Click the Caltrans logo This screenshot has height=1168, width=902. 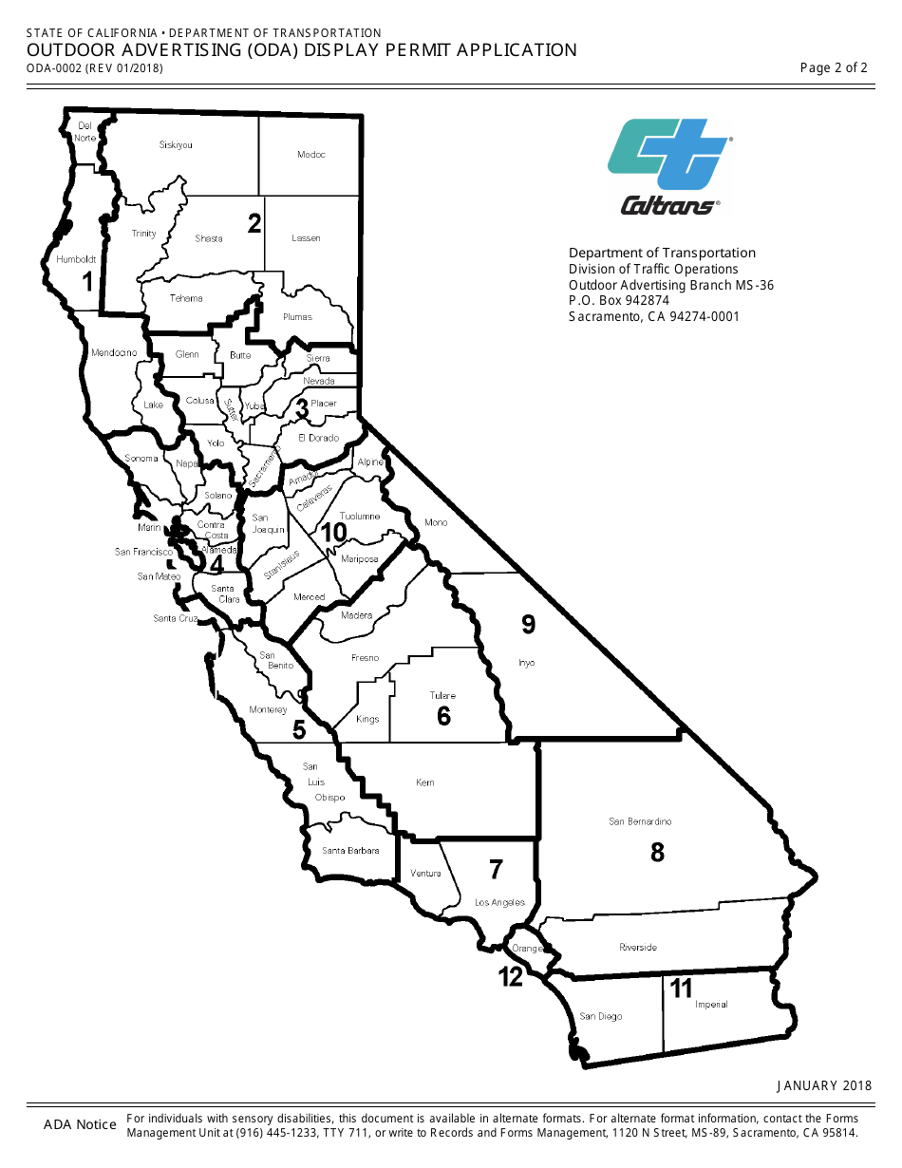coord(669,165)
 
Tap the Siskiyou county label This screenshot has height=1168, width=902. coord(176,145)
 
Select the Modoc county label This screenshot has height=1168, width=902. coord(310,155)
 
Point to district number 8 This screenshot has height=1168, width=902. coord(657,853)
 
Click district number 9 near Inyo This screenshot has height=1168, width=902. coord(529,625)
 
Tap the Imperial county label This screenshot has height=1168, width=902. coord(711,1005)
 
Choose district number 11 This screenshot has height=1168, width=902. coord(680,989)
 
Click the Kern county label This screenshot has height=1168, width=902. coord(424,783)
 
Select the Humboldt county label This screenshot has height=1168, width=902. coord(76,259)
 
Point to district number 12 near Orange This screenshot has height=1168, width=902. coord(511,977)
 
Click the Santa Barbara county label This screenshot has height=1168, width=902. coord(350,851)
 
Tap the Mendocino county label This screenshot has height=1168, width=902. coord(114,353)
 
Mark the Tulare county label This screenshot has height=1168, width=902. coord(442,696)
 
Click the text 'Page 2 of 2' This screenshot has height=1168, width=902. coord(834,67)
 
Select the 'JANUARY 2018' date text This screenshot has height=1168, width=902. coord(824,1085)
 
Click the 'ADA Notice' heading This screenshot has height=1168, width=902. coord(80,1125)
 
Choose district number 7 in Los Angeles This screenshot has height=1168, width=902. coord(496,869)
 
